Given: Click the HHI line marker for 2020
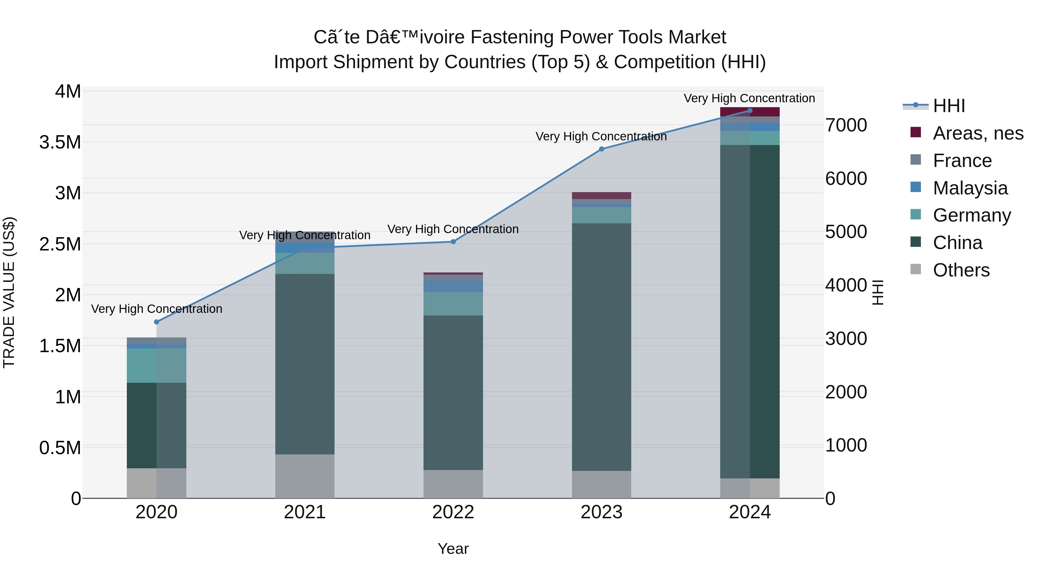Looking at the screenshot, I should [157, 322].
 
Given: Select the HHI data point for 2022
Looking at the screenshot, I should [453, 242].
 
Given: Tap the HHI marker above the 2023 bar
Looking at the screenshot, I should [601, 149].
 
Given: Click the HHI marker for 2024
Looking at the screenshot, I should [750, 110].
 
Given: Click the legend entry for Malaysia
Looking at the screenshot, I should [970, 188].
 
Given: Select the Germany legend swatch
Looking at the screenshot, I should [916, 214].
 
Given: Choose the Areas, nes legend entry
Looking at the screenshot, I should [977, 133].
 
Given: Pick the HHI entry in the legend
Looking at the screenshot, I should [949, 105].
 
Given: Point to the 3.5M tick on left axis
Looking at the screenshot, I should [60, 142].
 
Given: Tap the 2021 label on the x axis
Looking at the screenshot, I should [305, 512].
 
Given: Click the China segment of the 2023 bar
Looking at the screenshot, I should [601, 347].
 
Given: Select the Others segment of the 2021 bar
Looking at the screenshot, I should [305, 476].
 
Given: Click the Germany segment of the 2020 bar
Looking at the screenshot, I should [157, 365].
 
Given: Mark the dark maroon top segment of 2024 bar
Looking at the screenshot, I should [750, 112].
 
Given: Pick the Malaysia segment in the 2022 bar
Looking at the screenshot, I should [453, 286].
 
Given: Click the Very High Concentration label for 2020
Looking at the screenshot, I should [157, 309].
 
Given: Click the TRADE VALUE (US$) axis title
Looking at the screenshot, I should [9, 292].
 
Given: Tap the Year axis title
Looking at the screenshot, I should [453, 549].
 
